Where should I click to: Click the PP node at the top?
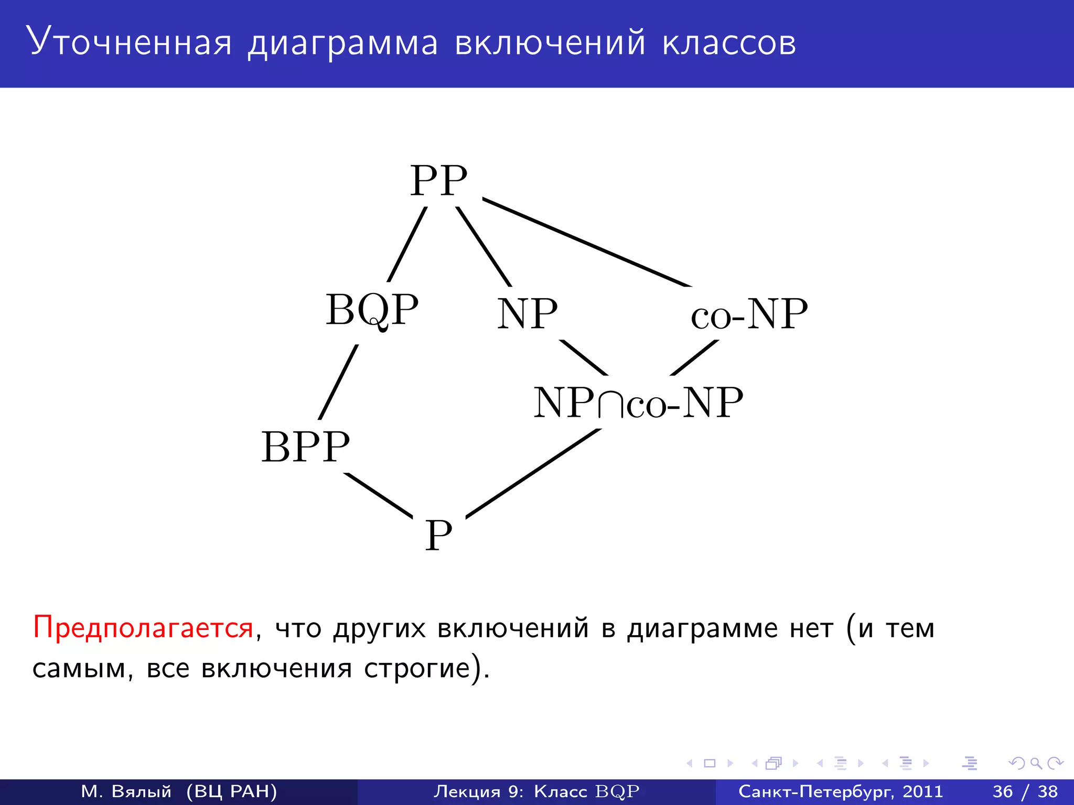(x=438, y=180)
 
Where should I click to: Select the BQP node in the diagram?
(x=372, y=310)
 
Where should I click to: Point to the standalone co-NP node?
(x=749, y=314)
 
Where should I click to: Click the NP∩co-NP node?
(x=638, y=403)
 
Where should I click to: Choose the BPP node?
(x=305, y=447)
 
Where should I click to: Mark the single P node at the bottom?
(x=438, y=535)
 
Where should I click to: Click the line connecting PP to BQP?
(x=407, y=244)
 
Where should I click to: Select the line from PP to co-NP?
(x=586, y=242)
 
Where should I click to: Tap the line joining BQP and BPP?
(x=339, y=382)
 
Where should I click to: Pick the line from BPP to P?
(x=378, y=495)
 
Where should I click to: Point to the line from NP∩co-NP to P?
(x=533, y=473)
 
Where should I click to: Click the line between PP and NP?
(x=484, y=246)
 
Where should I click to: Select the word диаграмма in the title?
(x=342, y=43)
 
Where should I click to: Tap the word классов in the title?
(x=729, y=43)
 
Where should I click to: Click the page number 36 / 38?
(x=1025, y=791)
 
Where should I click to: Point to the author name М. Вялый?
(x=126, y=791)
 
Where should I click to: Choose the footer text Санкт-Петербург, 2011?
(x=840, y=791)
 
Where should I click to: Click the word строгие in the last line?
(x=417, y=668)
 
